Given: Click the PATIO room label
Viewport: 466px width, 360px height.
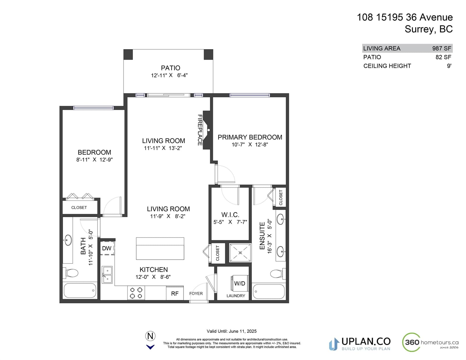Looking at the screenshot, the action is pyautogui.click(x=170, y=68).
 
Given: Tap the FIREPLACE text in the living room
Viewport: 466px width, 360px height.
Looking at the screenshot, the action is pyautogui.click(x=200, y=130).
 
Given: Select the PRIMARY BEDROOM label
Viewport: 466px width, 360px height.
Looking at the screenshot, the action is pyautogui.click(x=250, y=137).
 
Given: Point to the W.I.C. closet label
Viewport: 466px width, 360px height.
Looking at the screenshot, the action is pyautogui.click(x=230, y=214).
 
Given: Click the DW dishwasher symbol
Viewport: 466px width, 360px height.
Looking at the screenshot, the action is pyautogui.click(x=107, y=248).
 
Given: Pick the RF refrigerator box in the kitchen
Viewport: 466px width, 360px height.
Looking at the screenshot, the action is pyautogui.click(x=175, y=293).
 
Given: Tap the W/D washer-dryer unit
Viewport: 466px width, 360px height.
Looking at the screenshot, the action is pyautogui.click(x=239, y=283).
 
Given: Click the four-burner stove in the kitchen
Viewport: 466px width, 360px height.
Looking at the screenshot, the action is pyautogui.click(x=136, y=293).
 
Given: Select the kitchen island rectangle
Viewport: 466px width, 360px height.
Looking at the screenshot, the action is pyautogui.click(x=160, y=249).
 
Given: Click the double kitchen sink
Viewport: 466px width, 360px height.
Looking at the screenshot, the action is pyautogui.click(x=107, y=275).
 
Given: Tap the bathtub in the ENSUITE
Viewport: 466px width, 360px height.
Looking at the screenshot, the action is pyautogui.click(x=269, y=291).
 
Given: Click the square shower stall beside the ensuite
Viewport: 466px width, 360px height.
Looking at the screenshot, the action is pyautogui.click(x=240, y=253).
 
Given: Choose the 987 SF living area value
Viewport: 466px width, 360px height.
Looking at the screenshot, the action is pyautogui.click(x=442, y=48).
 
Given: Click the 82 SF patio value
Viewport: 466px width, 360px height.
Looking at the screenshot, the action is pyautogui.click(x=443, y=57).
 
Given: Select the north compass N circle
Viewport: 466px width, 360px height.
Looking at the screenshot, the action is pyautogui.click(x=150, y=336).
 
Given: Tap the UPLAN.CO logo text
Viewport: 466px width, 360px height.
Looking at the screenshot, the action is pyautogui.click(x=366, y=341).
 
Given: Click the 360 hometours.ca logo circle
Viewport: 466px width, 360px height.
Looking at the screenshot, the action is pyautogui.click(x=411, y=342).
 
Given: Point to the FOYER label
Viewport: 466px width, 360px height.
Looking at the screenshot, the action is pyautogui.click(x=196, y=293).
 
